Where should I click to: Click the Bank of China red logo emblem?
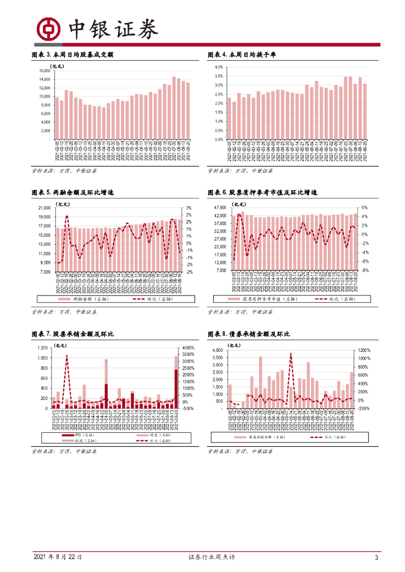pyautogui.click(x=47, y=30)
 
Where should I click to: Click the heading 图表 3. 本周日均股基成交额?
pyautogui.click(x=77, y=55)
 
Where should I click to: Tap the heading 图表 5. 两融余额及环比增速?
pyautogui.click(x=77, y=193)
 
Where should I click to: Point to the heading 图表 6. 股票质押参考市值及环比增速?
pyautogui.click(x=262, y=193)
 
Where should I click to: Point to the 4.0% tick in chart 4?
pyautogui.click(x=219, y=67)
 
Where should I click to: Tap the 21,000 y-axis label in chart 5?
pyautogui.click(x=44, y=208)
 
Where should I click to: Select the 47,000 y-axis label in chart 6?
pyautogui.click(x=219, y=207)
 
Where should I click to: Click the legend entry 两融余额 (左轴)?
pyautogui.click(x=84, y=299)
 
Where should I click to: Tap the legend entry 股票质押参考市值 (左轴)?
pyautogui.click(x=261, y=299)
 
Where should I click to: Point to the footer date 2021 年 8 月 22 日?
pyautogui.click(x=58, y=557)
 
